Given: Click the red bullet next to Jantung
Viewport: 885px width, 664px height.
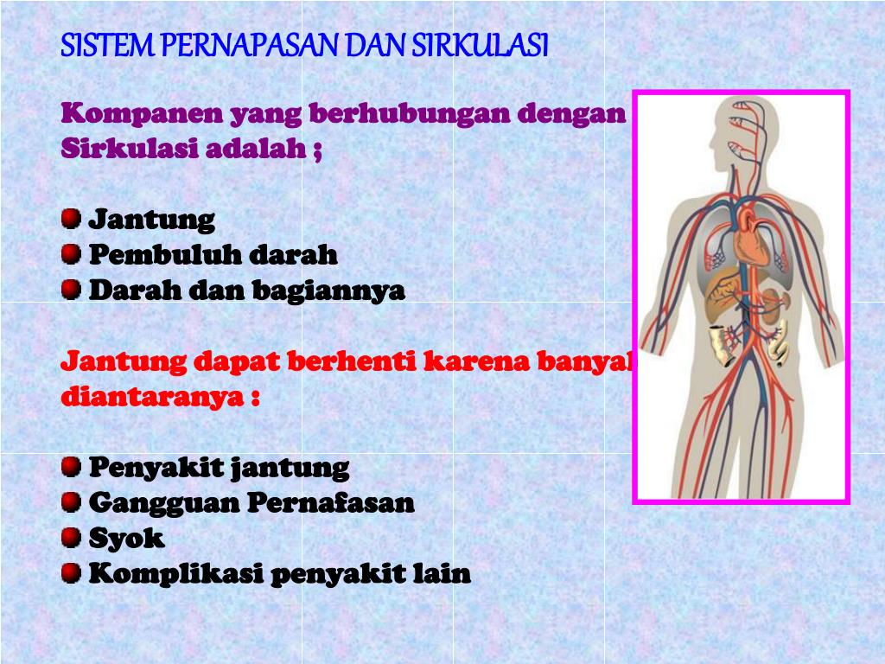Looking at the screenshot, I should [72, 219].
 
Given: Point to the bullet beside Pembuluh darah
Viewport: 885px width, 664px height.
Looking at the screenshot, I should [72, 254].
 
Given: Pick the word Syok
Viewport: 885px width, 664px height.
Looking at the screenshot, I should [126, 539].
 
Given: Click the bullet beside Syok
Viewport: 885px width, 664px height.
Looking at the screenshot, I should [72, 538].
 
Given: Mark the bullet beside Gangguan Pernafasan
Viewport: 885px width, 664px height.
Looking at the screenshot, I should [72, 502].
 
